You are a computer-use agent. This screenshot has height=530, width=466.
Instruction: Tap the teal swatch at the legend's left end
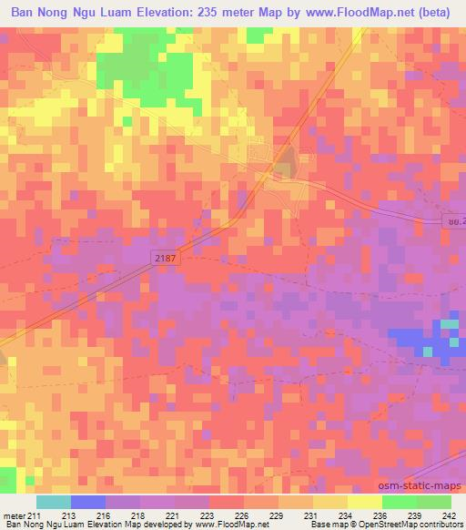[x=54, y=502]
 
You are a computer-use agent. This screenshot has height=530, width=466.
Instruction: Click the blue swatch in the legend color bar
[x=88, y=502]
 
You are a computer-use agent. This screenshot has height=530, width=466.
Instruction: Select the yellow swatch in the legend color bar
[x=365, y=502]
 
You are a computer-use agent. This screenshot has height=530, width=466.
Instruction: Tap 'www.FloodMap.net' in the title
[x=356, y=13]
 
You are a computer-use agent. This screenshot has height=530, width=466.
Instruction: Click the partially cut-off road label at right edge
[x=456, y=220]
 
